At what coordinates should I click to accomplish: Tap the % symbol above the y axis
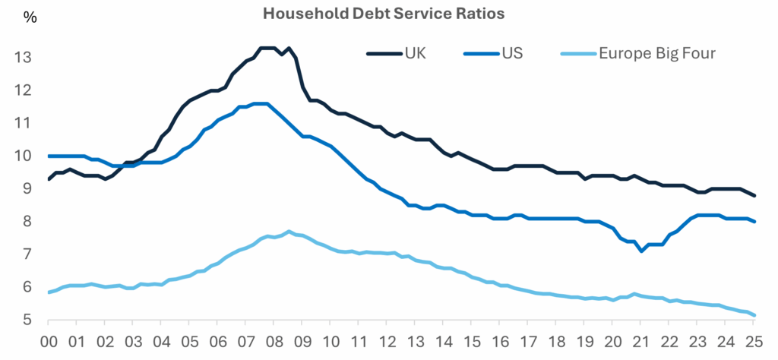click(x=30, y=17)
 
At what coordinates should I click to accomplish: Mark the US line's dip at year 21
click(x=642, y=251)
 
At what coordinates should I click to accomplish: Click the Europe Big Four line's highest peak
click(x=289, y=232)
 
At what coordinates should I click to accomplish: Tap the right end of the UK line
click(x=754, y=196)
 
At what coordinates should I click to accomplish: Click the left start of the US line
click(x=49, y=156)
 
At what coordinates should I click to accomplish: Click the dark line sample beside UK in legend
click(x=384, y=54)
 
